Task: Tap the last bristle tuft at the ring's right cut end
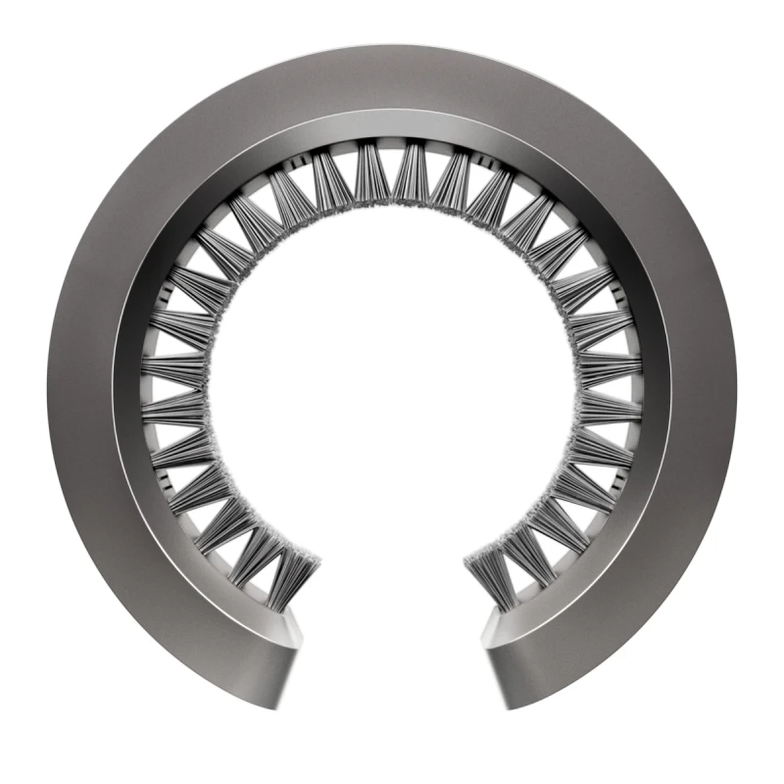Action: click(x=490, y=578)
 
